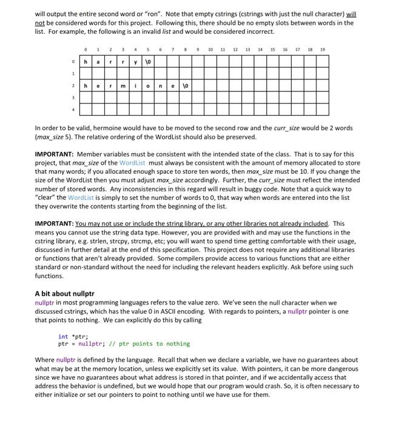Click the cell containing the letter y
[x=136, y=62]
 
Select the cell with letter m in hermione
[x=123, y=86]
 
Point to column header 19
[x=322, y=49]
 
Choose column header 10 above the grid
[x=209, y=49]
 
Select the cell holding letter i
[x=136, y=86]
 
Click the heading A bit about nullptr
[x=65, y=293]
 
